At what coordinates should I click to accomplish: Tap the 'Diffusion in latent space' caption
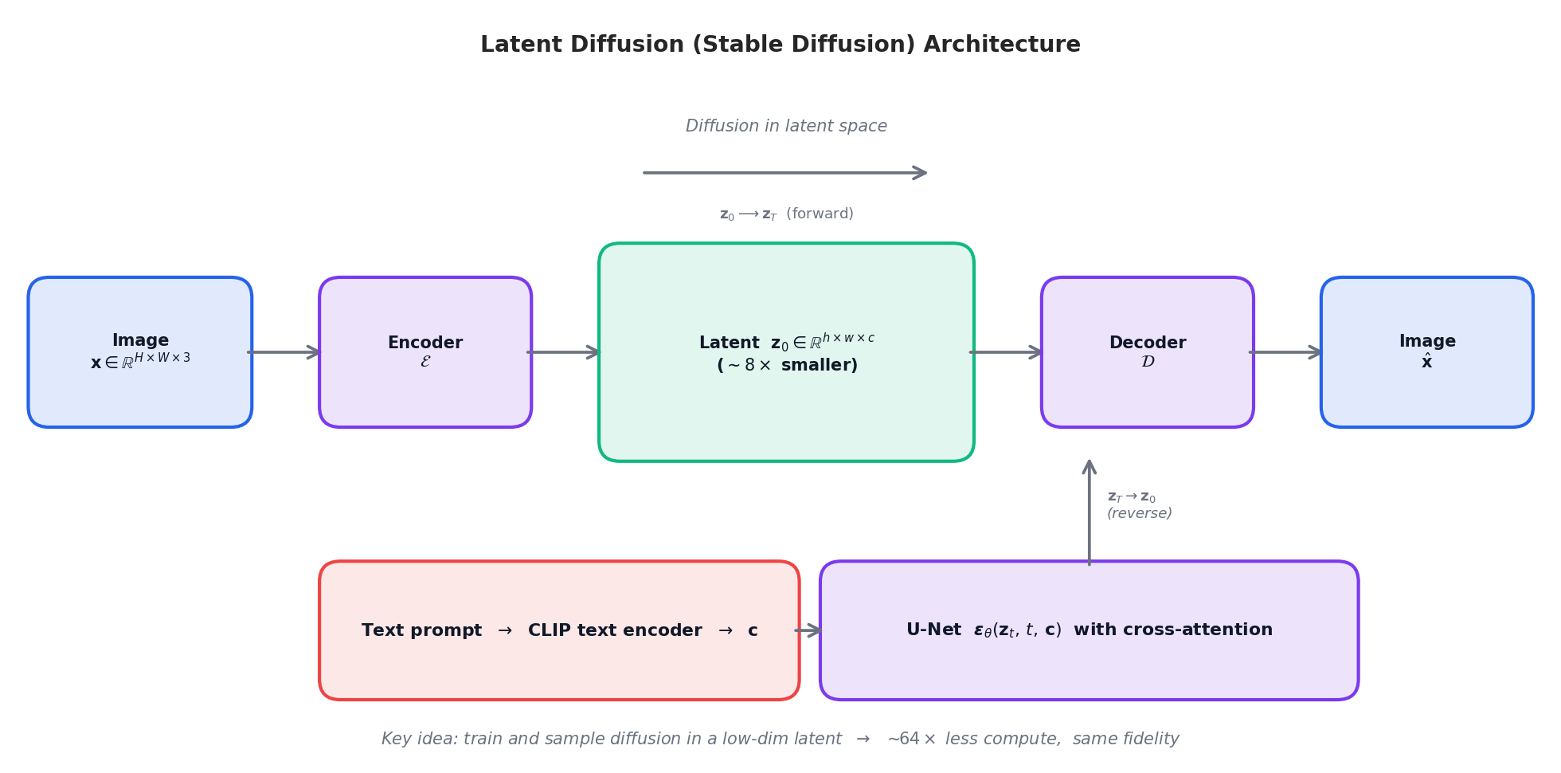786,126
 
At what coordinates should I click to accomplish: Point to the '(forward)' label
820,214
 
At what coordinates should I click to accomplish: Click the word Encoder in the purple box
424,343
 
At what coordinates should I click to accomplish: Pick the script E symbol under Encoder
425,362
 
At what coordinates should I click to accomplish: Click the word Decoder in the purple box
1147,343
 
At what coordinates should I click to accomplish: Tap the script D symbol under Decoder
1148,362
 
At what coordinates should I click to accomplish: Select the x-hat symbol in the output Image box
1426,362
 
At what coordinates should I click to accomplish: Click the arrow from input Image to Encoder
284,352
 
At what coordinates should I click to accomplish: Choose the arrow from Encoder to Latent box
564,352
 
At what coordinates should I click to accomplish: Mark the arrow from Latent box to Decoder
1007,352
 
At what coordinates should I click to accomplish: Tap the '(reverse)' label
1139,514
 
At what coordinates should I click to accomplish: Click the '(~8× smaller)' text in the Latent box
787,365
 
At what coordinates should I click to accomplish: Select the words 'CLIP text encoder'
615,630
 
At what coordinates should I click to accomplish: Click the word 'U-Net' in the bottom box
933,630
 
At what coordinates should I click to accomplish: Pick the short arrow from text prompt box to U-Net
808,630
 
